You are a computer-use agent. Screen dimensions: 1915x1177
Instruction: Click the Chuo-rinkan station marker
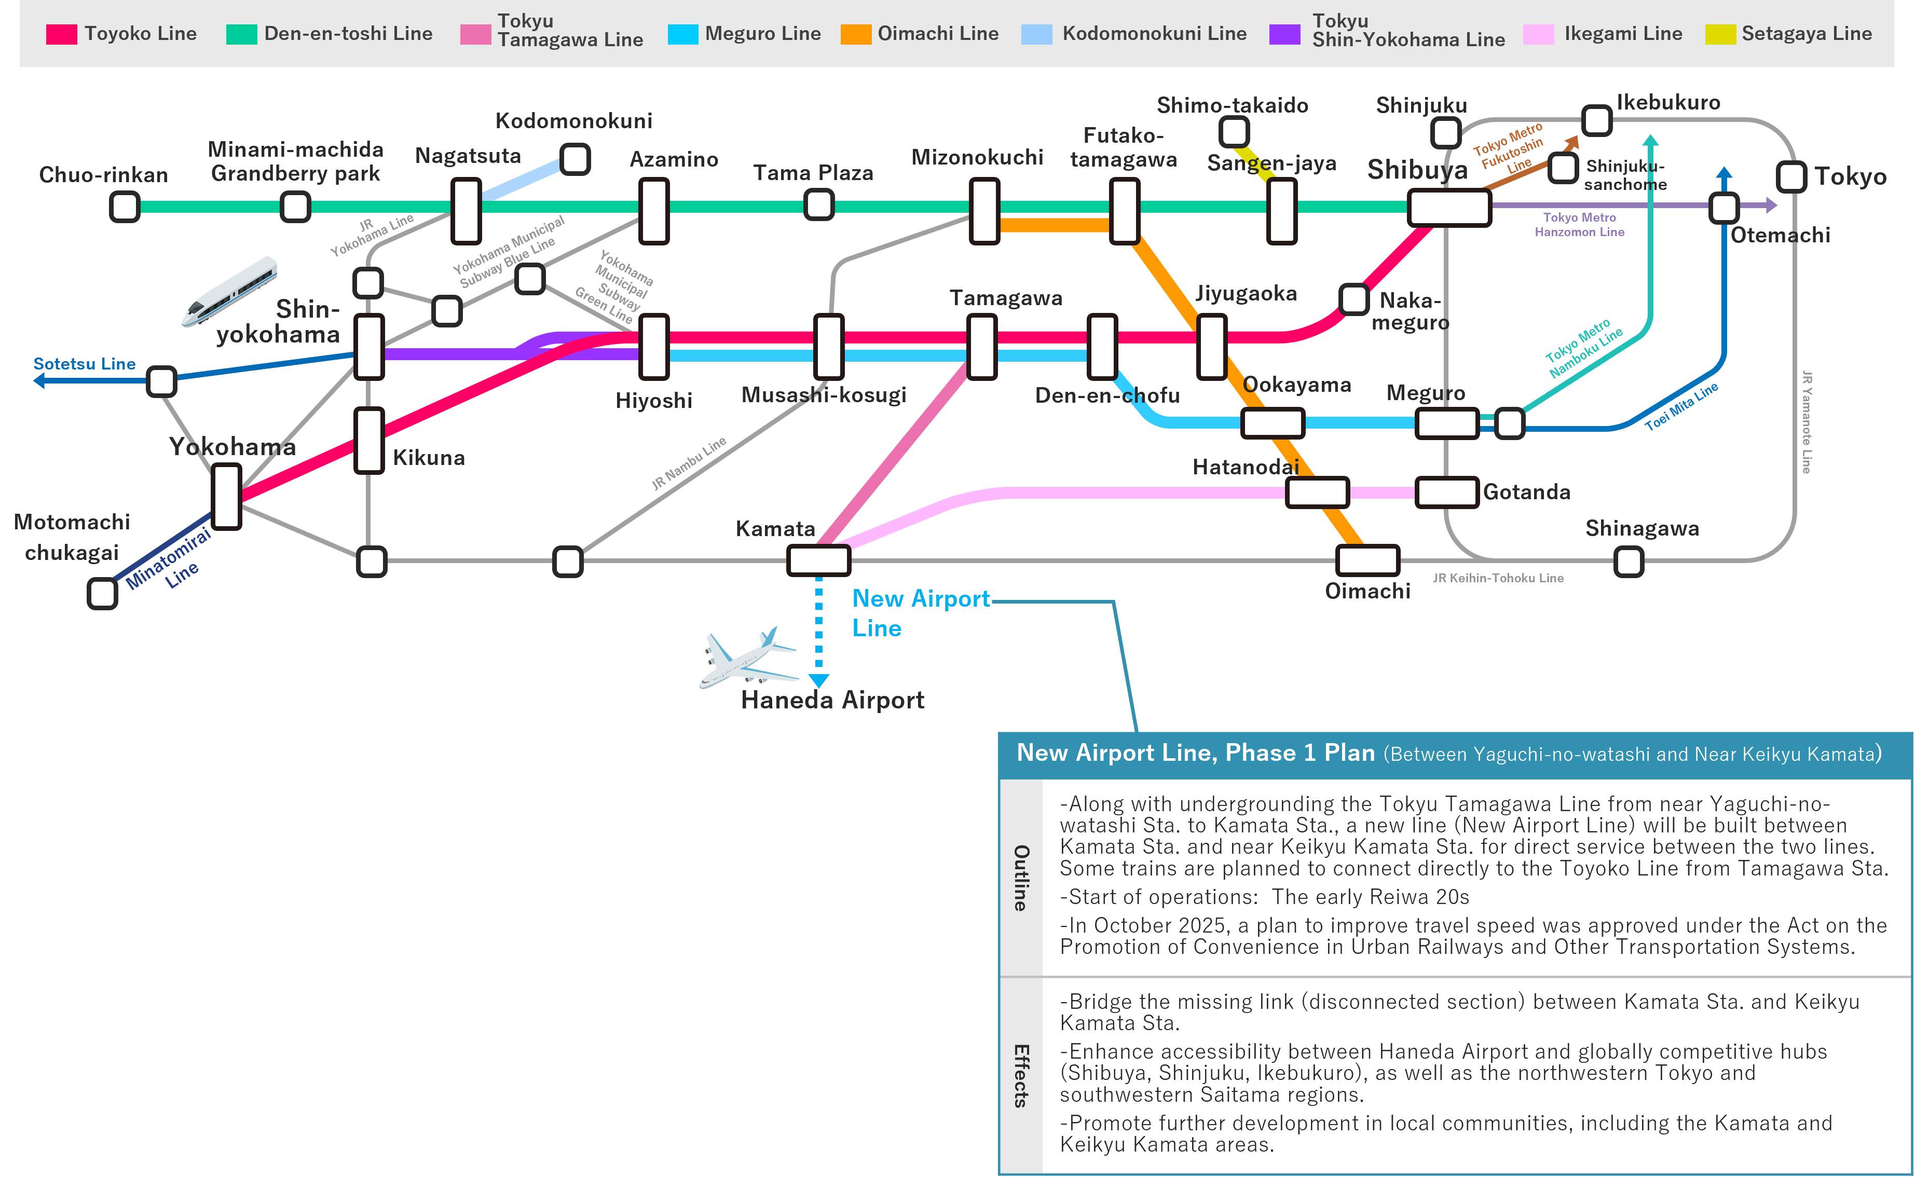click(x=125, y=207)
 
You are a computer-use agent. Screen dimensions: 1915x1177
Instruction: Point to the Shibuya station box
click(x=1449, y=208)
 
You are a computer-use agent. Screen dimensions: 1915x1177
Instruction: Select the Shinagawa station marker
click(x=1629, y=562)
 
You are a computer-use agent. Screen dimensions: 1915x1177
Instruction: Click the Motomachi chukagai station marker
click(x=102, y=593)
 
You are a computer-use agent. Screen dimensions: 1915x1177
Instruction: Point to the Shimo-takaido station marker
click(x=1234, y=132)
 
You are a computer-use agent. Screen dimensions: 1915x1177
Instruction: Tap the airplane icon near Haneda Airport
click(x=748, y=659)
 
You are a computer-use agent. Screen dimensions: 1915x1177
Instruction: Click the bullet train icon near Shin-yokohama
click(x=229, y=291)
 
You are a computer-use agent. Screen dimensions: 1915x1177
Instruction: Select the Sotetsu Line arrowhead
click(x=39, y=381)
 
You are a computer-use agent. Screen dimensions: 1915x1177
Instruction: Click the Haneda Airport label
click(x=832, y=700)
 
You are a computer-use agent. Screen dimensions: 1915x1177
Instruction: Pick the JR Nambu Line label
click(x=689, y=462)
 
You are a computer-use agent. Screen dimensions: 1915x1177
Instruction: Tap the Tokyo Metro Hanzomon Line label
click(x=1580, y=224)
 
